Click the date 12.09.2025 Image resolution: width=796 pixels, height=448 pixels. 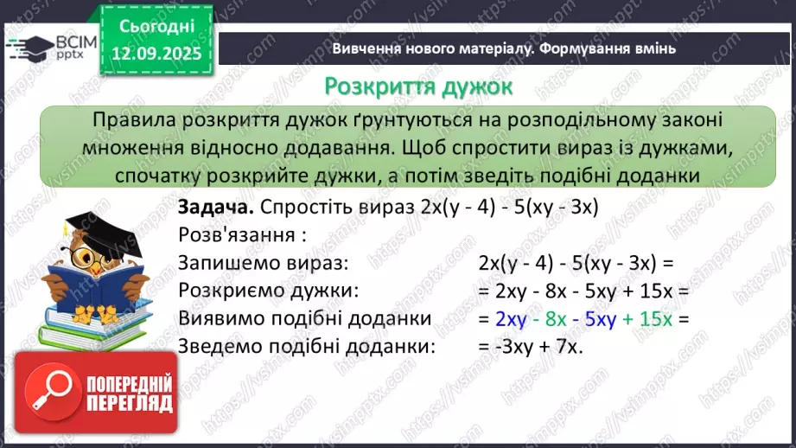tap(155, 52)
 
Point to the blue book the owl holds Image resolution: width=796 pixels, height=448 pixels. tap(82, 285)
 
